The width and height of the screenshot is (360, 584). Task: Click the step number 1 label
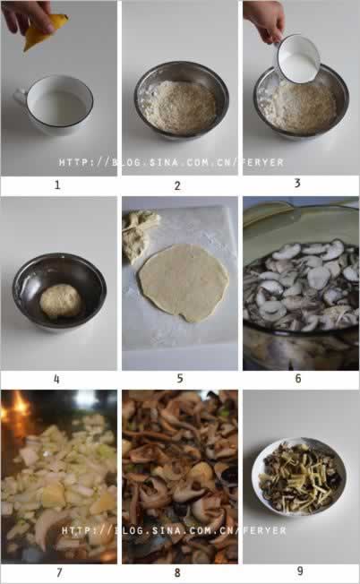click(57, 185)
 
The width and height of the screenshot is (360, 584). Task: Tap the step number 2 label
click(177, 185)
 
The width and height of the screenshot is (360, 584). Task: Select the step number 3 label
click(297, 183)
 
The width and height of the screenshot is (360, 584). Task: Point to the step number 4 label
click(56, 379)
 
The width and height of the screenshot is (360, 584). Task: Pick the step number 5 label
click(180, 378)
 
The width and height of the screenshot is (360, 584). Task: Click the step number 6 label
click(298, 378)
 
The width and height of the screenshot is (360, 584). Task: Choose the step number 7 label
click(59, 572)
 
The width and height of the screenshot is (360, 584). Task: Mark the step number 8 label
click(177, 572)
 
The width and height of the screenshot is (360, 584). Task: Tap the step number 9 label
click(300, 571)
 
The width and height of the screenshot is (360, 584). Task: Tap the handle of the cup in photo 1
click(20, 98)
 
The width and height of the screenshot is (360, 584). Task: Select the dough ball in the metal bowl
click(60, 301)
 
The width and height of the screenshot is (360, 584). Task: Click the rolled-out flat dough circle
click(184, 283)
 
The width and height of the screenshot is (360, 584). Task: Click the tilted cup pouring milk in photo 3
click(298, 59)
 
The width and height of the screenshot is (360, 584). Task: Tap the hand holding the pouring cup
click(265, 21)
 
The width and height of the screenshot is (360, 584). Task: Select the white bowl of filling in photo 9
click(299, 477)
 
